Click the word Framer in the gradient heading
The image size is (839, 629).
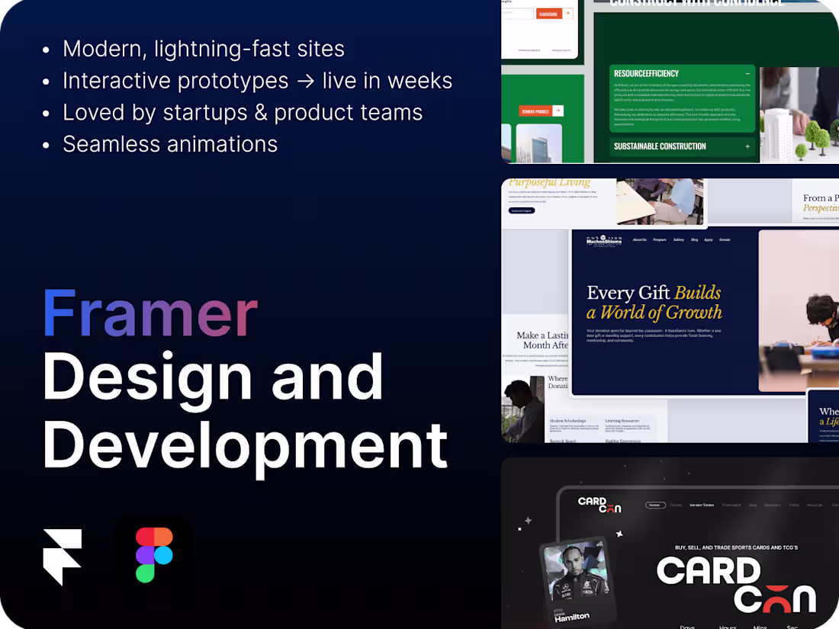(150, 314)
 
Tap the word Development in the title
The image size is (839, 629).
(245, 446)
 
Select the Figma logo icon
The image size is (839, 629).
(154, 554)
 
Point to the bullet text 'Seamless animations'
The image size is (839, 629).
(170, 143)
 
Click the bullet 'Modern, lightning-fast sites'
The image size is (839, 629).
(204, 49)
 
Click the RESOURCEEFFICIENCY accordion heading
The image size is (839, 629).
(645, 74)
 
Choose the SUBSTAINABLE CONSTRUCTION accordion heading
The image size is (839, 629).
(660, 146)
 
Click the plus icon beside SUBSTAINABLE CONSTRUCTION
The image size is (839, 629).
(747, 146)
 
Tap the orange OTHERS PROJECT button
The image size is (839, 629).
(540, 111)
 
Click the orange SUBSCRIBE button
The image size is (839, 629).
(548, 14)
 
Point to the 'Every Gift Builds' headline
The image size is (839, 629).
(654, 293)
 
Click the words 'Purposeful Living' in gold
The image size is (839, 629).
(549, 182)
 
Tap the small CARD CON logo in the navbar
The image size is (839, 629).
(600, 505)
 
